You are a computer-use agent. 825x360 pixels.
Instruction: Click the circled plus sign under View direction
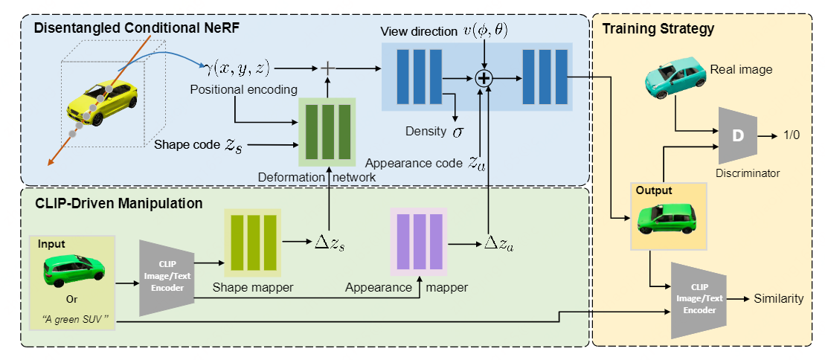coord(486,78)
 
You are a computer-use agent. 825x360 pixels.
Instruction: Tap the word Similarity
coord(778,299)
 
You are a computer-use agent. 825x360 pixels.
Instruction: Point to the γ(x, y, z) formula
coord(236,69)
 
